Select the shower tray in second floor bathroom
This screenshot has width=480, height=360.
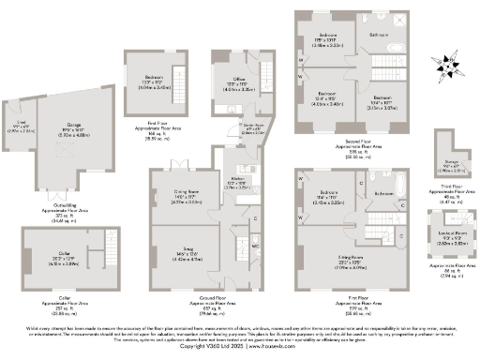click(403, 21)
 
